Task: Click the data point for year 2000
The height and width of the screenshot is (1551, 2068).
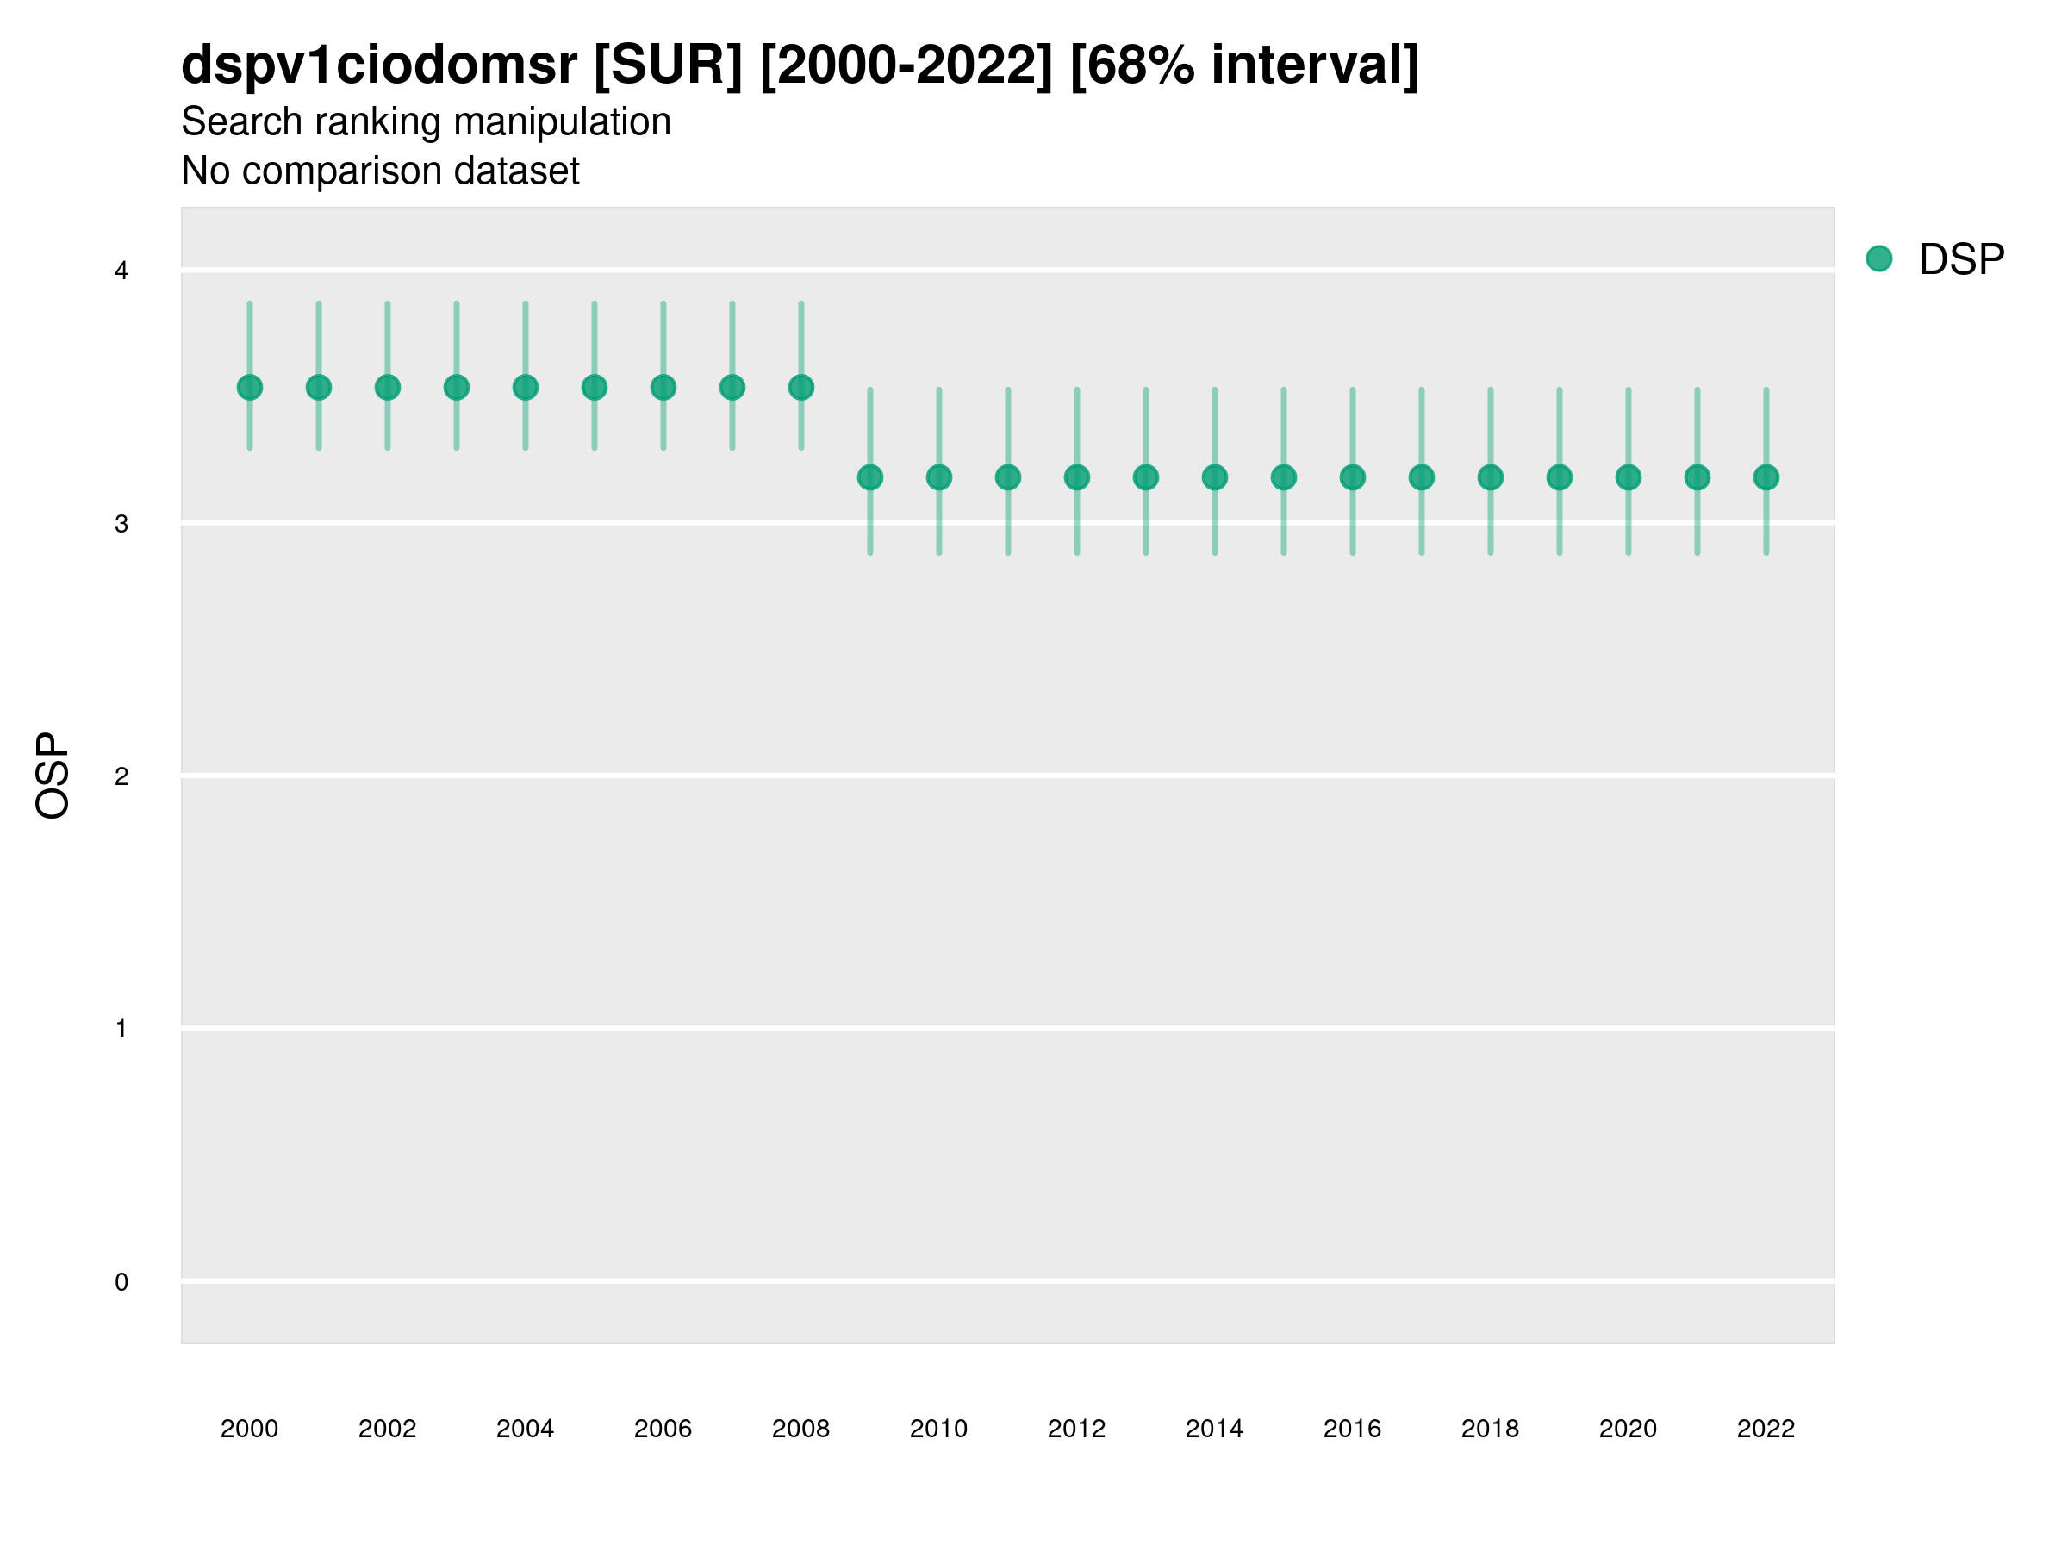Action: click(x=250, y=387)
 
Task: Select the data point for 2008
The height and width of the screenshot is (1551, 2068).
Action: click(x=801, y=387)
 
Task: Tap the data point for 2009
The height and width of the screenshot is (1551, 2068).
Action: click(x=870, y=477)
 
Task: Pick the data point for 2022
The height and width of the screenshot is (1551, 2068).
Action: click(x=1766, y=477)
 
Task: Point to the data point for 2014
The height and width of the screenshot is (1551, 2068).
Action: click(x=1214, y=477)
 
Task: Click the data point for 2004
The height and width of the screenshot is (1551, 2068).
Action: click(x=526, y=387)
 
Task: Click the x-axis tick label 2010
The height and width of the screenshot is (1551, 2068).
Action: click(x=938, y=1429)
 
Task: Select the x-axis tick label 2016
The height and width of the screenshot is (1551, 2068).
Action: click(x=1352, y=1429)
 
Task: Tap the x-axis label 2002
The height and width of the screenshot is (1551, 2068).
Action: click(x=387, y=1429)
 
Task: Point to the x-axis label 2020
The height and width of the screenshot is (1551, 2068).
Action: click(x=1628, y=1429)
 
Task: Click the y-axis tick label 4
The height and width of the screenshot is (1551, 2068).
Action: click(x=121, y=271)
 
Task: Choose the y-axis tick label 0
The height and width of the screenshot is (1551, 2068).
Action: click(x=121, y=1282)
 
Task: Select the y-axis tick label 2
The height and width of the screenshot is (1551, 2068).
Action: click(x=121, y=776)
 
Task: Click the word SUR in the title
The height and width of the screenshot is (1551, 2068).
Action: click(x=669, y=65)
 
